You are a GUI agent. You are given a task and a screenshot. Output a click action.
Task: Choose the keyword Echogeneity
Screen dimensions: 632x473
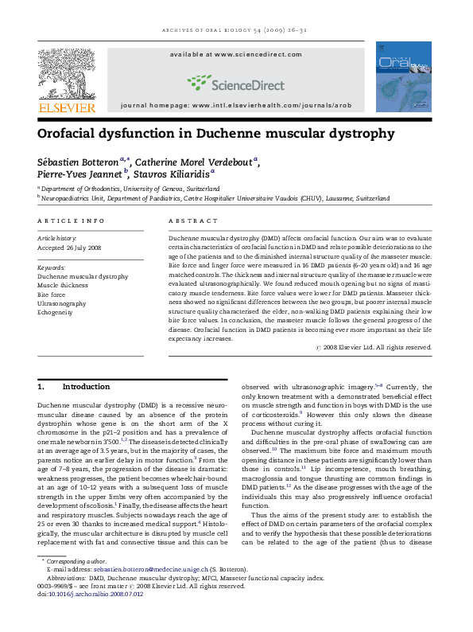pyautogui.click(x=60, y=312)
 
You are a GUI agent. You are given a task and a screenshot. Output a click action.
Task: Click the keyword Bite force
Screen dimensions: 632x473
pyautogui.click(x=52, y=295)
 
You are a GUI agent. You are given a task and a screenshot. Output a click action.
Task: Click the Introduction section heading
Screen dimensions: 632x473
pyautogui.click(x=85, y=387)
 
